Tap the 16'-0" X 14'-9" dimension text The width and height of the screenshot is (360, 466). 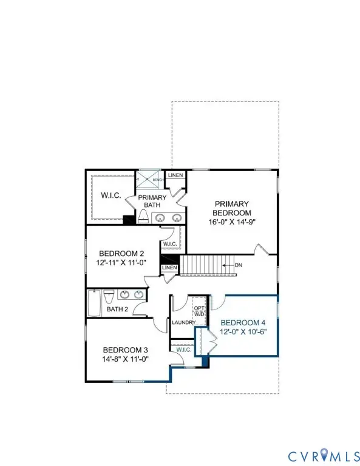pos(231,223)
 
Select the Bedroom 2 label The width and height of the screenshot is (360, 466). pos(121,254)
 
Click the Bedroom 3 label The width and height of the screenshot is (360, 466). pos(125,350)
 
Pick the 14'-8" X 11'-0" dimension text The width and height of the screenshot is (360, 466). pos(125,359)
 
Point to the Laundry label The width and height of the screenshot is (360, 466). pos(183,322)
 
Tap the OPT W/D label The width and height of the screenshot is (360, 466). pos(199,311)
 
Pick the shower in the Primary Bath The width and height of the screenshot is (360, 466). pos(145,180)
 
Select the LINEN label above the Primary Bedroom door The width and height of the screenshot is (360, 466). pos(175,175)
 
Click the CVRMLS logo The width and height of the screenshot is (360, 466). pos(321,453)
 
